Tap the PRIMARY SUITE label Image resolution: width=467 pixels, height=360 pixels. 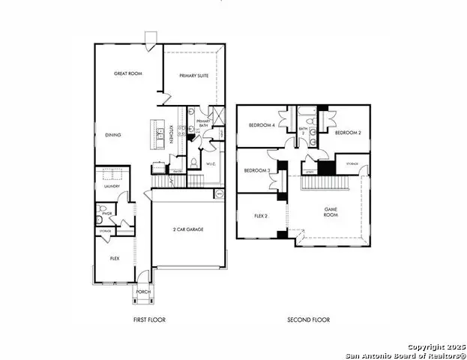(194, 76)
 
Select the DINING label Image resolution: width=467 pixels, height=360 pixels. (113, 135)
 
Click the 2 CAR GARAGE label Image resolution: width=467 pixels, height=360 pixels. (188, 229)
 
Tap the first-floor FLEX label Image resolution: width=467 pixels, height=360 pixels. (115, 258)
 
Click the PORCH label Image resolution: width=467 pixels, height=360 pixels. (142, 291)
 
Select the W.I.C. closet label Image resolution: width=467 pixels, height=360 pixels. (211, 163)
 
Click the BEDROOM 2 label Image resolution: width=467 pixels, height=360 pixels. (348, 133)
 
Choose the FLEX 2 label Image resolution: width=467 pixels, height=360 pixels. (260, 215)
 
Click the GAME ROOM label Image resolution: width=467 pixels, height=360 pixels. (330, 212)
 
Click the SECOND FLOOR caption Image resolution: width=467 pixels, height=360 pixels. (308, 320)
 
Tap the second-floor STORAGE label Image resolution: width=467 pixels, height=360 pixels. (352, 163)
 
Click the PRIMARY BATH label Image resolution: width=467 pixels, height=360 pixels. (203, 124)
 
